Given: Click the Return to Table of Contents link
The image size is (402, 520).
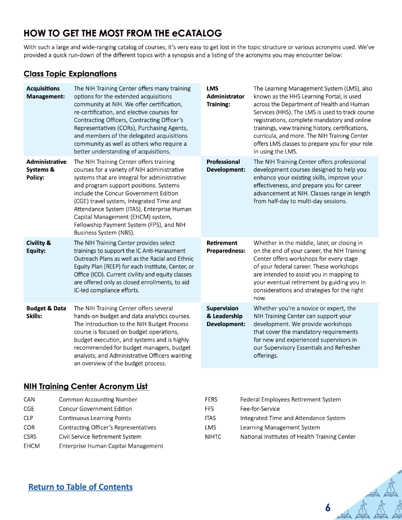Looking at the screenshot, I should pos(80,487).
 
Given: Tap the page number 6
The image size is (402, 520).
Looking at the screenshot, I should pos(328,507).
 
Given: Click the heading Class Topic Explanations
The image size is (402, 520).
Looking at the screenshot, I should pos(70,74).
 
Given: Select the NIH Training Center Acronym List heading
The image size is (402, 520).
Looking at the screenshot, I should pos(86,386).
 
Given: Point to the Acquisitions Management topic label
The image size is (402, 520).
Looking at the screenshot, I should pos(45,92).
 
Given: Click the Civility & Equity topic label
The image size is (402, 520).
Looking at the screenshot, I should pos(38,247).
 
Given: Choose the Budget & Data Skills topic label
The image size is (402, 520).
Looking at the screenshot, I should pos(46,312).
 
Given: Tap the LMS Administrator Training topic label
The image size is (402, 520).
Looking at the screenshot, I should pos(225,96).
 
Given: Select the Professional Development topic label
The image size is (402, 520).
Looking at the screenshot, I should pos(226,166).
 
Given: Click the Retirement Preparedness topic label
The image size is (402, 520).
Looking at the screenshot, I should pos(226,247).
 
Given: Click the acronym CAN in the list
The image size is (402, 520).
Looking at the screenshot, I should pos(29,399).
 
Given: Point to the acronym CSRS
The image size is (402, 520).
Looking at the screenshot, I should pos(30,437).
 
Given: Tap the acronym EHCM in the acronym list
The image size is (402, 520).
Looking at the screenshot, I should pos(31,446).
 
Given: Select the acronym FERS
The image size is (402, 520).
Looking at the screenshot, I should pos(211,399).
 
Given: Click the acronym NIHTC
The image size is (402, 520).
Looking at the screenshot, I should pos(213,437).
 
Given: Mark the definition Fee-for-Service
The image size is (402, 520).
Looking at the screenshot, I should pos(260,409).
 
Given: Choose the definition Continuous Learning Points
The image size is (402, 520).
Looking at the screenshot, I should pos(94,418).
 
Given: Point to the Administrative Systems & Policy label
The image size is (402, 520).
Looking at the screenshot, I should pos(46,169).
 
